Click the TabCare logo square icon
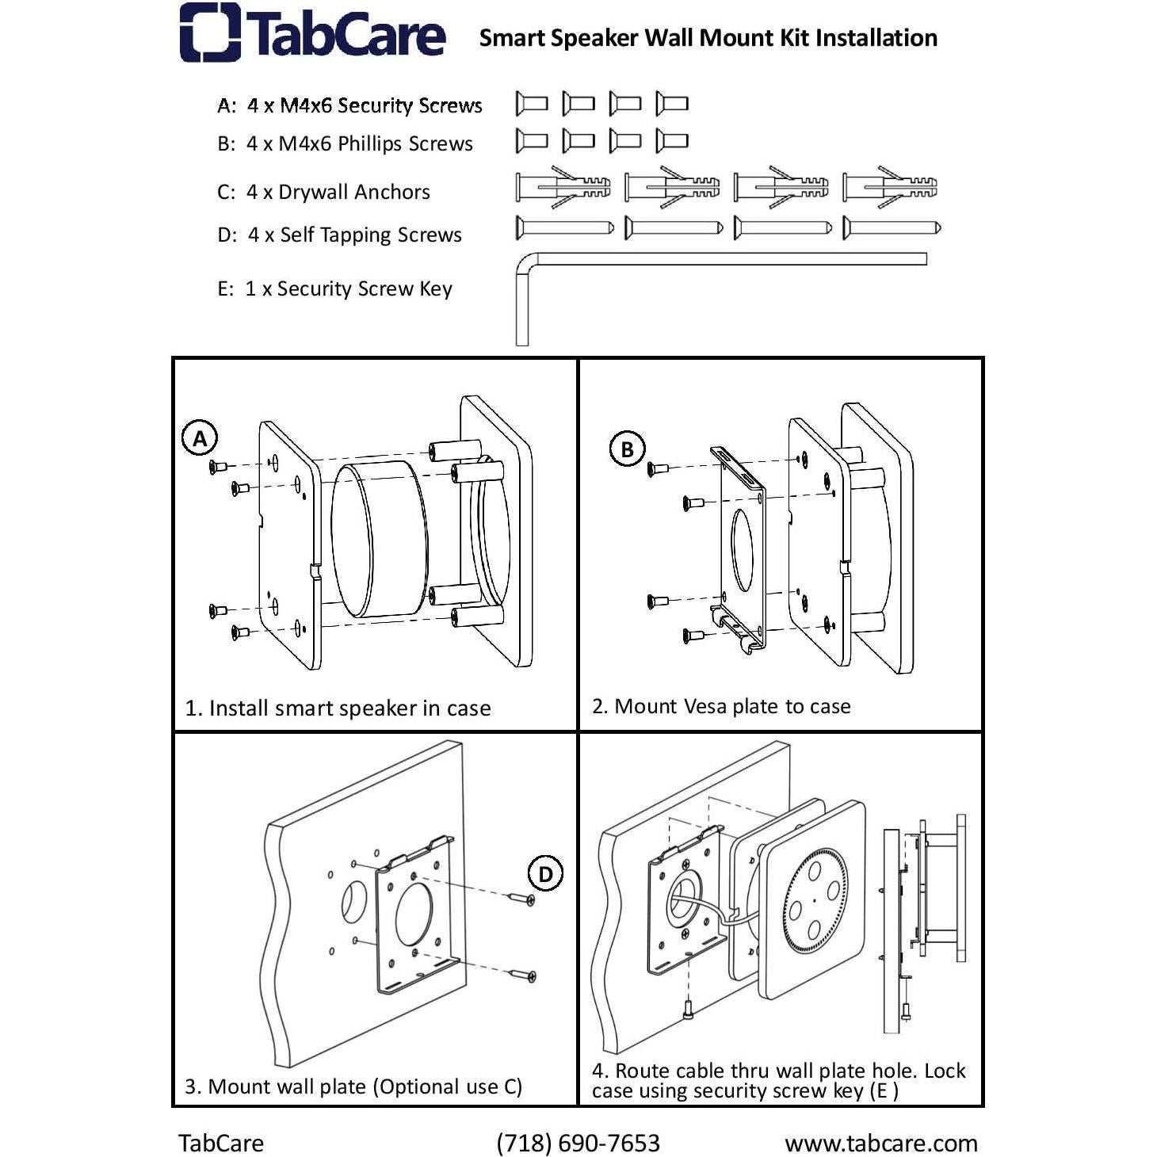point(210,32)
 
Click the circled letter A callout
point(200,438)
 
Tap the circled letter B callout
point(627,449)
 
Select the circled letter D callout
point(545,874)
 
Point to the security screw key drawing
point(713,260)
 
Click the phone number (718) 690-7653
point(578,1143)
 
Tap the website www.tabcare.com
point(880,1143)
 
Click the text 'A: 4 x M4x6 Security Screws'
point(349,105)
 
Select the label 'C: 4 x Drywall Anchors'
point(323,192)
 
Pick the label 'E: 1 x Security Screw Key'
point(334,288)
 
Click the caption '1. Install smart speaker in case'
point(338,708)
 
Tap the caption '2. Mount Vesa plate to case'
point(721,706)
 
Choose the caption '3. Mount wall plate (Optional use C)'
point(353,1086)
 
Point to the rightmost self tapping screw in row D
point(892,228)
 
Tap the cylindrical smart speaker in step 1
point(379,540)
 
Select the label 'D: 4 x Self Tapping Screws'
point(339,235)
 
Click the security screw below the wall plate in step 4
point(687,1010)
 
